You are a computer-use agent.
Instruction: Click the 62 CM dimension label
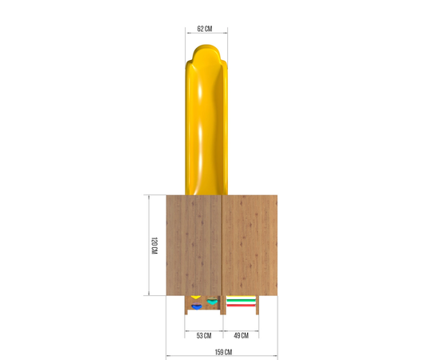tap(205, 29)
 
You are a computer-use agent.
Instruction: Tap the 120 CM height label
tap(154, 246)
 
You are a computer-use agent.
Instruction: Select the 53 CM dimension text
tap(204, 335)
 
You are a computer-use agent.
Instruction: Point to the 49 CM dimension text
tap(241, 335)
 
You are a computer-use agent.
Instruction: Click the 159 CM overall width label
tap(223, 352)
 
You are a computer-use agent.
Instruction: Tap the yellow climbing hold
tap(195, 297)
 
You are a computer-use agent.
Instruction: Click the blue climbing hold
tap(197, 306)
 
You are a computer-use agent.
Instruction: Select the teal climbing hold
tap(212, 302)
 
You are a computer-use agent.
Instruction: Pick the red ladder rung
tap(241, 306)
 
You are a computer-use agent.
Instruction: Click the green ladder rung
tap(241, 301)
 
